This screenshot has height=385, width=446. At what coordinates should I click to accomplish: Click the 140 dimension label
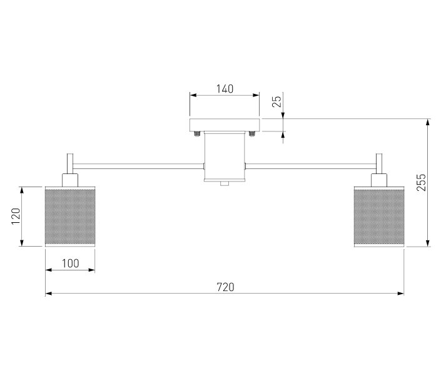point(225,89)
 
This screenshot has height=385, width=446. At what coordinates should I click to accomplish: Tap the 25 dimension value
point(276,101)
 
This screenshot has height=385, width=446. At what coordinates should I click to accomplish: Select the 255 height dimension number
point(421,182)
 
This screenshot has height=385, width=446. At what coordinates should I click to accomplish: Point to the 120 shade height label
point(16,216)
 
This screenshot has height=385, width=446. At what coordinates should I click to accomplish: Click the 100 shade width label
point(71,264)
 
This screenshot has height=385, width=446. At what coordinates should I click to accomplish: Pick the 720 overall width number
point(226,287)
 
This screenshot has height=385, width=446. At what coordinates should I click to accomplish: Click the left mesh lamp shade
point(70,217)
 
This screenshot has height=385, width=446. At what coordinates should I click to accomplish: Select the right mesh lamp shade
point(379,217)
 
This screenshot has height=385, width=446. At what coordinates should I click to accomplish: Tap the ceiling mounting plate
point(225,125)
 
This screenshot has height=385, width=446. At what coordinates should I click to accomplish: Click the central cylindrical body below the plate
point(225,157)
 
